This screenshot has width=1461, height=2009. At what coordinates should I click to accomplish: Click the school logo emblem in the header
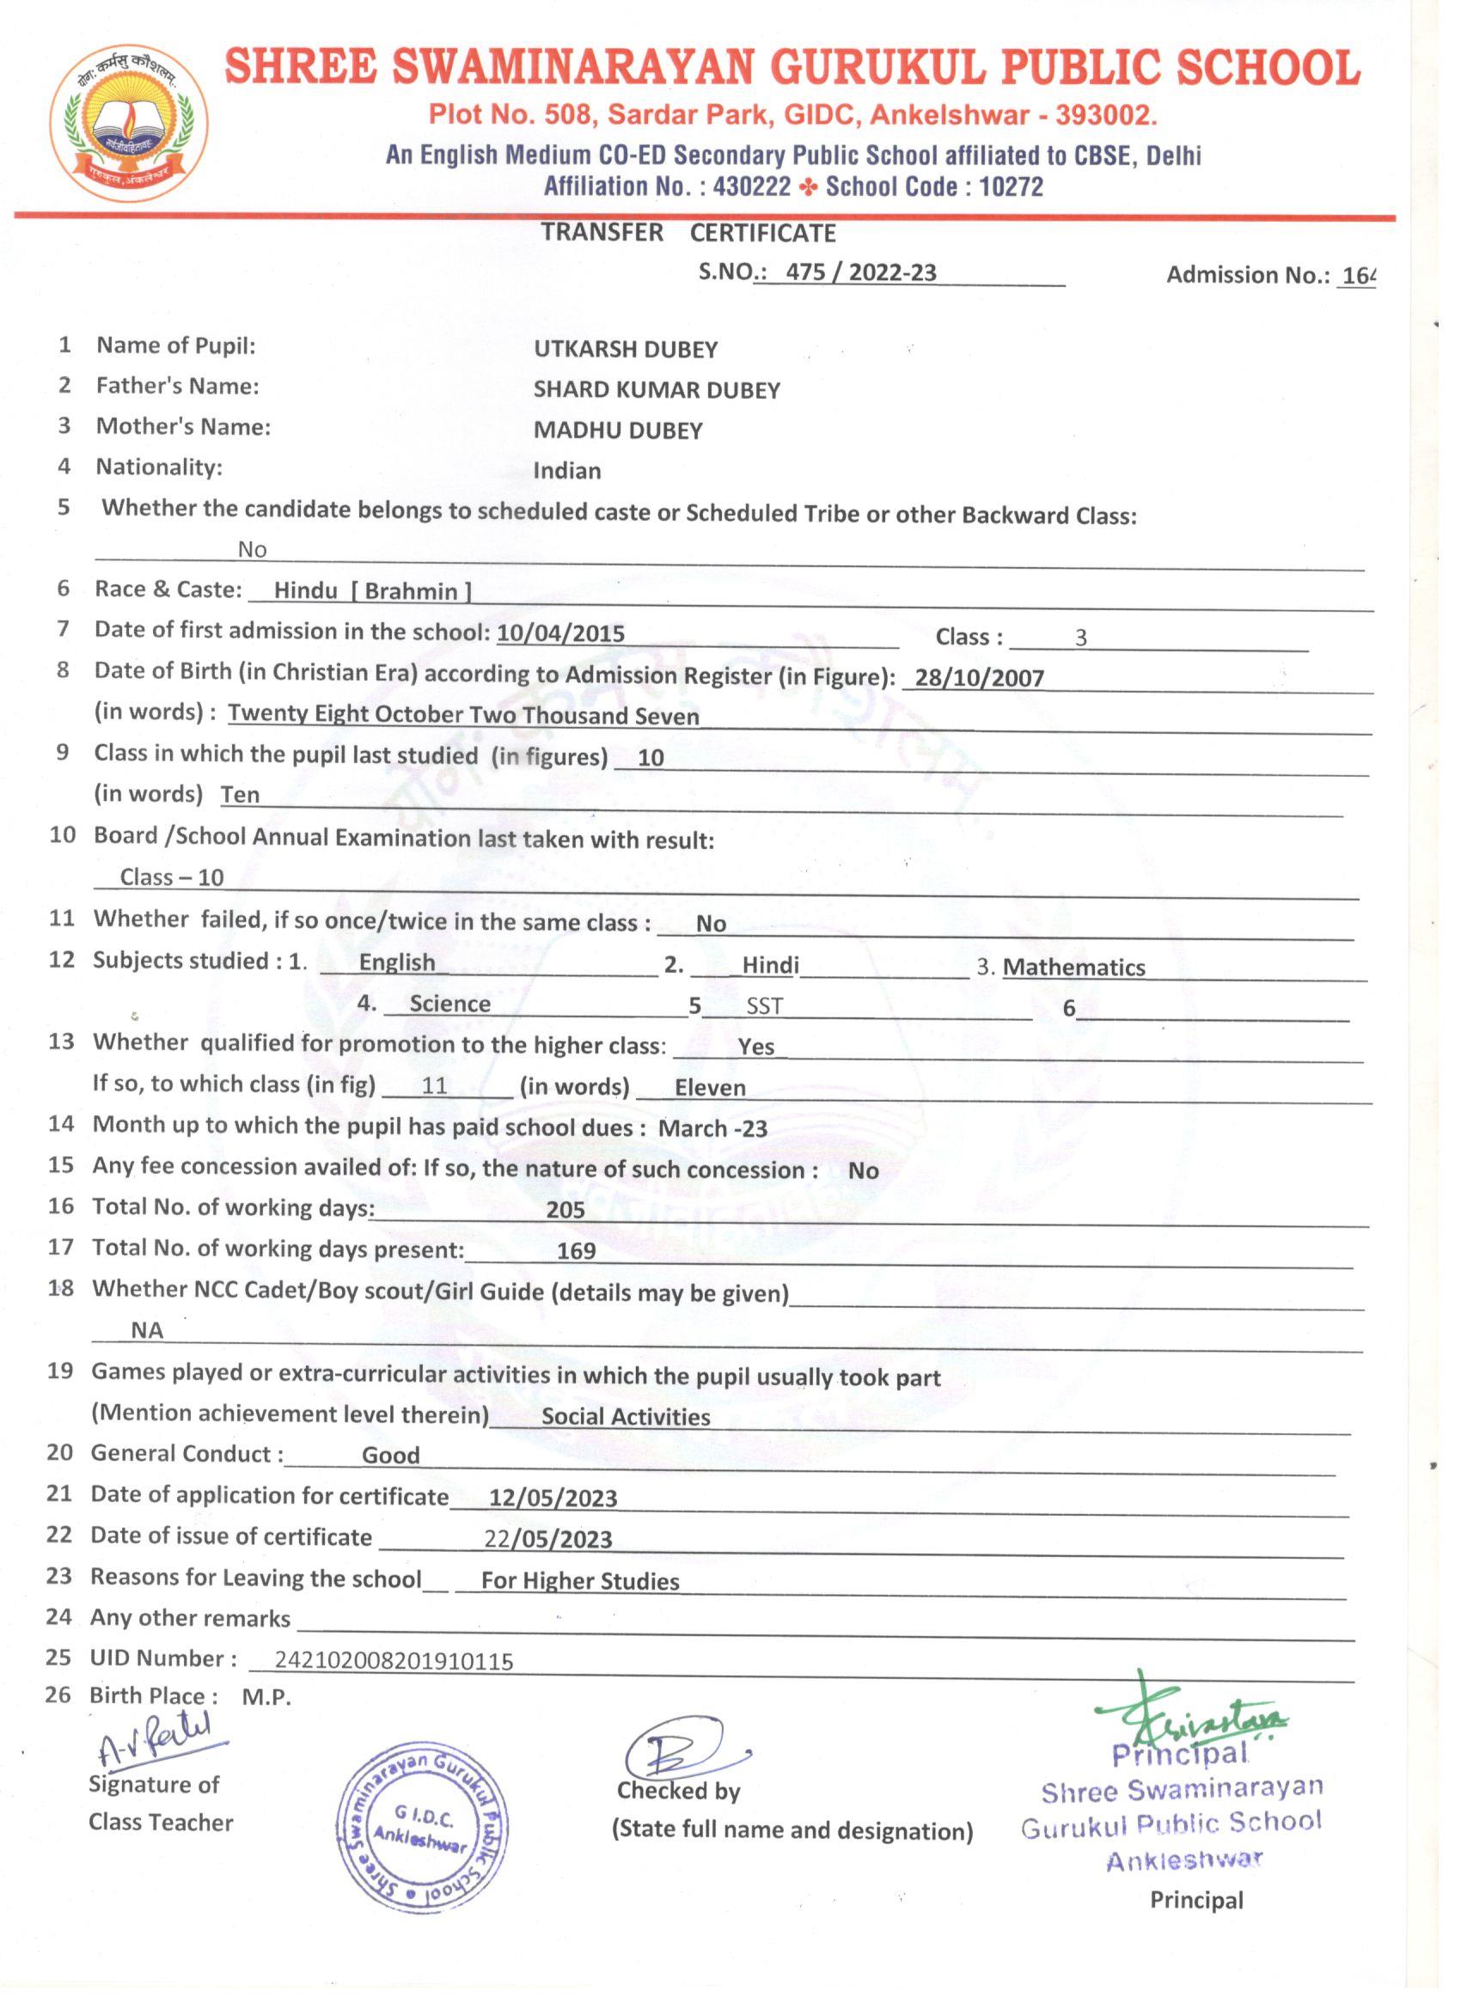[x=130, y=124]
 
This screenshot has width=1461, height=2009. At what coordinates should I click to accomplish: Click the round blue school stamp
[x=422, y=1832]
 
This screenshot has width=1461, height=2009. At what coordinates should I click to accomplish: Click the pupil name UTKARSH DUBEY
[x=626, y=350]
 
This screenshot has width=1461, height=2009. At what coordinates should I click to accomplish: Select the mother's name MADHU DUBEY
[x=618, y=431]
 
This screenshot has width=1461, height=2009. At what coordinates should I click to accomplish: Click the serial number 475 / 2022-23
[x=860, y=273]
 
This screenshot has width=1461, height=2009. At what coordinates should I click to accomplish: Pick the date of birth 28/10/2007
[x=979, y=679]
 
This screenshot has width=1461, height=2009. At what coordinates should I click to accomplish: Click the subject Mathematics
[x=1073, y=968]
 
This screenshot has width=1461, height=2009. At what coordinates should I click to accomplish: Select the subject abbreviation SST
[x=764, y=1007]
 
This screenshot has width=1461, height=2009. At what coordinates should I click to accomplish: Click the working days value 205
[x=565, y=1210]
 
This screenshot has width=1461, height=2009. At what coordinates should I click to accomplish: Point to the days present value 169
[x=576, y=1252]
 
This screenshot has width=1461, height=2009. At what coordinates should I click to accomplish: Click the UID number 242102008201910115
[x=394, y=1662]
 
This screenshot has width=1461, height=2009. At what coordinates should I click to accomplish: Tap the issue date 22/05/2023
[x=547, y=1540]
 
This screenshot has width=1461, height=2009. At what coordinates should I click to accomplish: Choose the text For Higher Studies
[x=579, y=1582]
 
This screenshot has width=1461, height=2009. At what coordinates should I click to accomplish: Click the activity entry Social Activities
[x=626, y=1417]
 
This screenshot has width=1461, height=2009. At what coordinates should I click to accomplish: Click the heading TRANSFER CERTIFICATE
[x=688, y=233]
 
